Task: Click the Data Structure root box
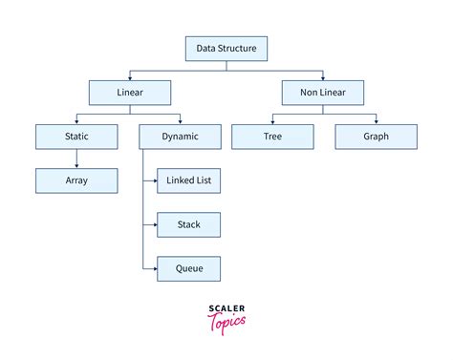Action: (226, 47)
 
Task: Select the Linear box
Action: (130, 92)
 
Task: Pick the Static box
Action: (76, 137)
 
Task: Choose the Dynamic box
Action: (179, 137)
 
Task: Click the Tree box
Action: (271, 137)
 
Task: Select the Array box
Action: (76, 180)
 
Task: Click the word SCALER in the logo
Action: (226, 307)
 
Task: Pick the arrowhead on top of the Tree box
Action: (271, 122)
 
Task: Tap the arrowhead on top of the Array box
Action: (76, 166)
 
